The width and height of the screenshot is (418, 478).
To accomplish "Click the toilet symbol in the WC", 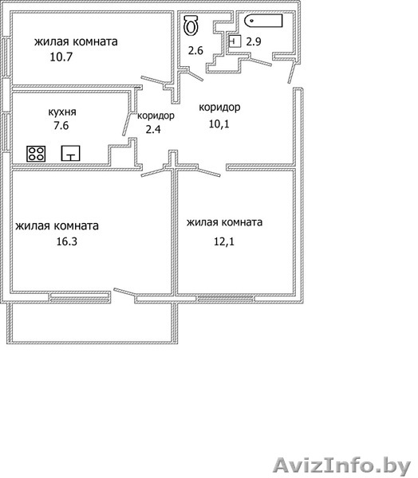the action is coord(191,25).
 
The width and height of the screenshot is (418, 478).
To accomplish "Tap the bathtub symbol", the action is coord(263,21).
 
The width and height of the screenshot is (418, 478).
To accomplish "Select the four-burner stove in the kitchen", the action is coord(36,153).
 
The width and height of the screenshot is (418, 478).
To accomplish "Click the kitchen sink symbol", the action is coord(70,153).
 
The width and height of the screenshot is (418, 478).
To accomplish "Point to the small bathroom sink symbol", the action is coord(235,41).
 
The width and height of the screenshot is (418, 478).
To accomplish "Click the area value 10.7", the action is coord(61,57).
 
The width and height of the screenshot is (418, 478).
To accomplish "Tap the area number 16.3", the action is coord(66,241).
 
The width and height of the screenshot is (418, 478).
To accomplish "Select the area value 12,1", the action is coord(224,241).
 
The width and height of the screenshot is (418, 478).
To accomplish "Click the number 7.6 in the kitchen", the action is coord(61,125).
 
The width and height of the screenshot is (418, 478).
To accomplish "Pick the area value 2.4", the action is coord(153,130).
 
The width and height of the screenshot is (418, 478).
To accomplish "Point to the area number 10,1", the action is coord(219,123).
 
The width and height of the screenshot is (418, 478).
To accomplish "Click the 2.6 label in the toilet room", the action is coord(195,50).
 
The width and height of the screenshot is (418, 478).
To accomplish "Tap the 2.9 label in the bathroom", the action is coord(254,41).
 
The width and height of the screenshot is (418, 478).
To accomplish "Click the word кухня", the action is coord(62,112).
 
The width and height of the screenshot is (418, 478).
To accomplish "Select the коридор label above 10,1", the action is coord(219,108).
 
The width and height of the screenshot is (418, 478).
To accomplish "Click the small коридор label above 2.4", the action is coord(156,116).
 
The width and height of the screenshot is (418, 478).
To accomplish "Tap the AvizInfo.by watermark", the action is coord(342,466).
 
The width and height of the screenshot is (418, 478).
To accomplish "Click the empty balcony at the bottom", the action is coord(93,323).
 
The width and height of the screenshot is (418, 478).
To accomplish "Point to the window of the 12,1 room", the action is coord(225,299).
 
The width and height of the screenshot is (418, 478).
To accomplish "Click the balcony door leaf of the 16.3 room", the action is coord(124,292).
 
